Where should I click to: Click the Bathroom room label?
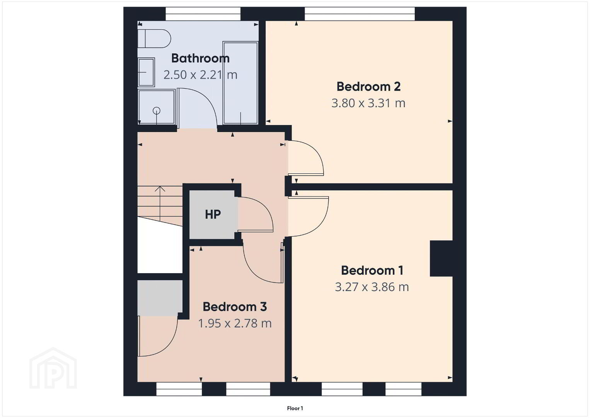(x=200, y=58)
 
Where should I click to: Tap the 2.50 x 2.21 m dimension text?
(x=200, y=75)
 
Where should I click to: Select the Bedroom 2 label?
(x=368, y=87)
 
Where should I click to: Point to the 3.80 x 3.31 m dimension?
(x=368, y=103)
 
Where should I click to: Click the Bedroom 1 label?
(x=372, y=271)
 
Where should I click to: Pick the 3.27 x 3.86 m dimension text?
(x=372, y=287)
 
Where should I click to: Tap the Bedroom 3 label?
(x=235, y=307)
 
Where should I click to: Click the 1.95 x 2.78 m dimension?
(x=235, y=323)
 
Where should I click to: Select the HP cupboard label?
(x=213, y=215)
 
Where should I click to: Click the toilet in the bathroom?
(x=154, y=38)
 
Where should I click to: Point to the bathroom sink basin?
(x=146, y=72)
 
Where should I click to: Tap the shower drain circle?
(x=157, y=111)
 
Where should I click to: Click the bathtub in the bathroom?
(x=240, y=82)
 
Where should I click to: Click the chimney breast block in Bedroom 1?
(x=441, y=259)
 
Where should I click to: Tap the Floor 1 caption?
(x=295, y=408)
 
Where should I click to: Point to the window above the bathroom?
(x=203, y=14)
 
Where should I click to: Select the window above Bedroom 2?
(x=360, y=14)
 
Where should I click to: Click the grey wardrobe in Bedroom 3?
(x=160, y=298)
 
